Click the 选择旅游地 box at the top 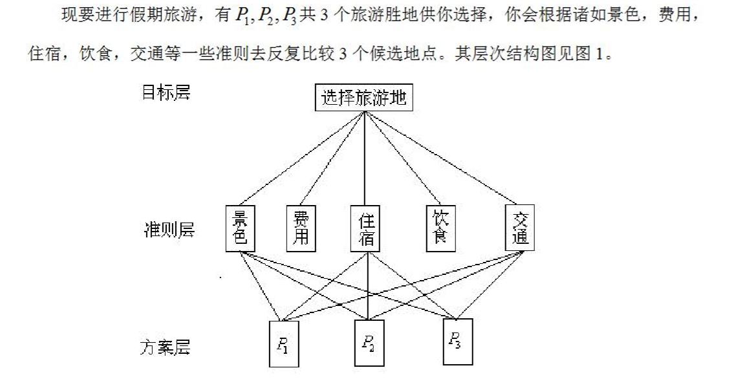(364, 98)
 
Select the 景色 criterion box (240, 228)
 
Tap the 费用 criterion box (301, 228)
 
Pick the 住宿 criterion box (365, 228)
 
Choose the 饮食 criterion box (440, 228)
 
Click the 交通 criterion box (520, 228)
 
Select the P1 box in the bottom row (284, 344)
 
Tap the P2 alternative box (369, 343)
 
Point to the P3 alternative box (458, 342)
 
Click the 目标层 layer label (166, 92)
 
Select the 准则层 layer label (169, 230)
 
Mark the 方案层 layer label (166, 347)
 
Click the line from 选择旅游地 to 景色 (302, 158)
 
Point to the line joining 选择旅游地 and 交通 (442, 158)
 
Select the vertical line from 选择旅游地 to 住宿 (365, 158)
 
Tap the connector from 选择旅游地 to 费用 (332, 158)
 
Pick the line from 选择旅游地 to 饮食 (403, 158)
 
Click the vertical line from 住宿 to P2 (369, 286)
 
